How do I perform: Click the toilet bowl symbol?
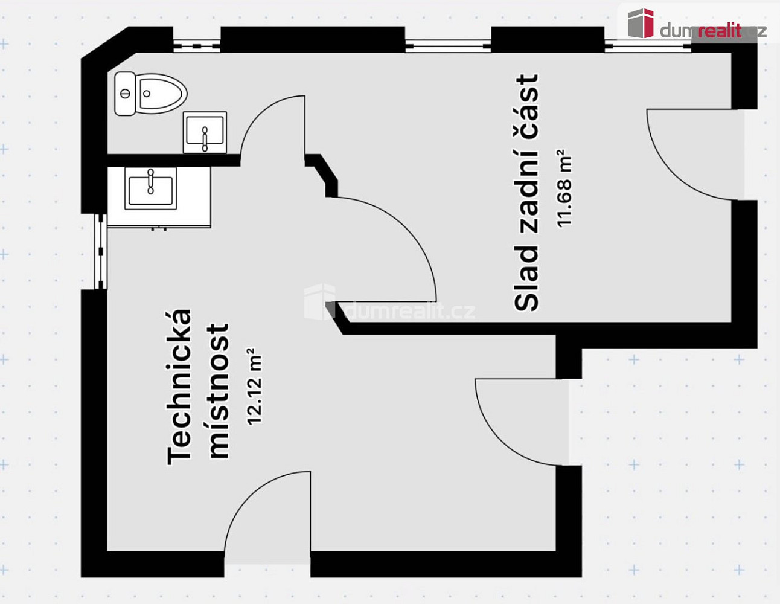coord(162,94)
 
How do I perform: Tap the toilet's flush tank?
coord(125,94)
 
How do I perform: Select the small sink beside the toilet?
coord(205,132)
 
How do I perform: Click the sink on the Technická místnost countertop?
coord(151,189)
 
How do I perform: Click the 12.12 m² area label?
coord(255,387)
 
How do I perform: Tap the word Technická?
coord(179,387)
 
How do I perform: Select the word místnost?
coord(219,391)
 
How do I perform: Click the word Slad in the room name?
coord(526,279)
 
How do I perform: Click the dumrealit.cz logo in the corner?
coord(697,24)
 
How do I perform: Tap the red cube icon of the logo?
coord(641,24)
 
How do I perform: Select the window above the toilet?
coord(196,46)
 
